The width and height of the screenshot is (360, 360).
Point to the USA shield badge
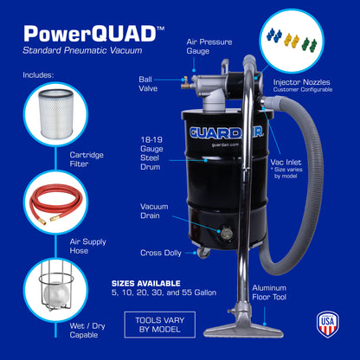tap(327, 323)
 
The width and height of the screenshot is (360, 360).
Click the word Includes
tap(38, 74)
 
